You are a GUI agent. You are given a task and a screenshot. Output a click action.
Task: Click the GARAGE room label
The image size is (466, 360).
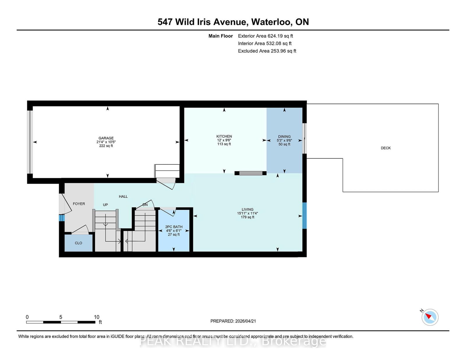[x=106, y=138]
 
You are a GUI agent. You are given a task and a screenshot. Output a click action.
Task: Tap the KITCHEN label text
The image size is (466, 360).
[x=224, y=136]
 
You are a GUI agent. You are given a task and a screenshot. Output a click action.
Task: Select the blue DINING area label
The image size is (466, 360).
[x=284, y=136]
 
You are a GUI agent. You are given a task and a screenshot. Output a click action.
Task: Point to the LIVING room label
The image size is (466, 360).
[x=247, y=209]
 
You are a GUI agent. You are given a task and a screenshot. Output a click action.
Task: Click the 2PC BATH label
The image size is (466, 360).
[x=174, y=227]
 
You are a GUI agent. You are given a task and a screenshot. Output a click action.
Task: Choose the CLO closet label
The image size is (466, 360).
[x=78, y=243]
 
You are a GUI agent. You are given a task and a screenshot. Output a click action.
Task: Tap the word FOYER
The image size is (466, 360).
[x=79, y=204]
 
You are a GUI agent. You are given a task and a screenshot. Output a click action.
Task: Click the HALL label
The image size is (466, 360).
[x=123, y=196]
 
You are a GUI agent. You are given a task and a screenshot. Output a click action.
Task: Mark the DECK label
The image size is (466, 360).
[x=386, y=148]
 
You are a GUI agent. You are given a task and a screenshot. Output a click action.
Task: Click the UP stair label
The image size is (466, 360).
[x=105, y=205]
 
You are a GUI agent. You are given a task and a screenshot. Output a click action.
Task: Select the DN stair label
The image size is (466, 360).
[x=145, y=205]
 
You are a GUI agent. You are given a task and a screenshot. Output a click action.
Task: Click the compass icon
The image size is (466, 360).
[x=430, y=317]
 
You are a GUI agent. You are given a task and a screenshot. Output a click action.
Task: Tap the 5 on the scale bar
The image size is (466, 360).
[x=61, y=317]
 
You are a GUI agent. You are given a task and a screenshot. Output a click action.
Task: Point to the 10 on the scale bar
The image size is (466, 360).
[x=96, y=317]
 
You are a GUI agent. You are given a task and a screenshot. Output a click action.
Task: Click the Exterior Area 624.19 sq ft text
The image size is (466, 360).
[x=265, y=36]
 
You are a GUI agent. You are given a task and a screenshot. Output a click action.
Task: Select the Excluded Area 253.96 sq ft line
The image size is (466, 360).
[x=267, y=51]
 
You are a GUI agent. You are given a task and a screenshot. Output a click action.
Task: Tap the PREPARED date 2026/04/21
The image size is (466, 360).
[x=245, y=321]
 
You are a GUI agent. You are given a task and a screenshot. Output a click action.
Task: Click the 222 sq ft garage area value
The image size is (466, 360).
[x=106, y=146]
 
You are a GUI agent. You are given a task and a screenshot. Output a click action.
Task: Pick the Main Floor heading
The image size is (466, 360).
[x=220, y=36]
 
